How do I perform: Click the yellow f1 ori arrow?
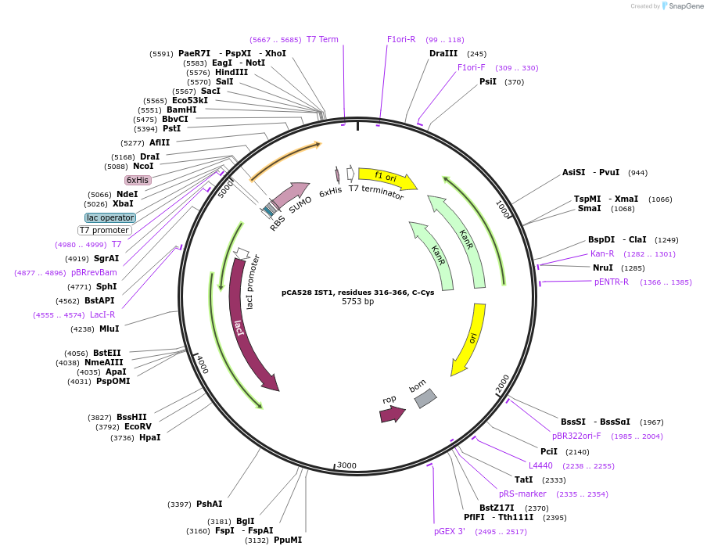click(x=386, y=178)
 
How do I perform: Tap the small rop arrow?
click(x=392, y=414)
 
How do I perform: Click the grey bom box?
click(x=425, y=398)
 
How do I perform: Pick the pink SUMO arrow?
click(x=290, y=194)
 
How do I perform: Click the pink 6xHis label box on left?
click(x=138, y=180)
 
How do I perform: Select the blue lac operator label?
click(x=110, y=217)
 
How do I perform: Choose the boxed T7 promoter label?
click(x=104, y=230)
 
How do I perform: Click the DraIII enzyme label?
click(x=444, y=53)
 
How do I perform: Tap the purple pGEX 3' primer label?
click(x=450, y=531)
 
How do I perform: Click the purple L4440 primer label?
click(x=540, y=465)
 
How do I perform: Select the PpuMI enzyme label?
click(x=288, y=540)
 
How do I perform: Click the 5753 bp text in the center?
click(x=357, y=301)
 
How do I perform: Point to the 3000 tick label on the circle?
click(x=346, y=465)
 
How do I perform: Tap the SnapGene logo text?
click(x=683, y=6)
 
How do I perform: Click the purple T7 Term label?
click(x=322, y=39)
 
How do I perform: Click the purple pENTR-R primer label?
click(x=611, y=282)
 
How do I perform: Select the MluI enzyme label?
click(x=109, y=329)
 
